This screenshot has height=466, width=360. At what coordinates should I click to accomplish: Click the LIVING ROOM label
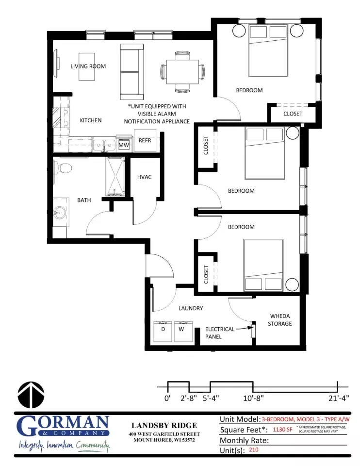click(88, 67)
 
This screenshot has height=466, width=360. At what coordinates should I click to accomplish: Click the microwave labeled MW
click(124, 145)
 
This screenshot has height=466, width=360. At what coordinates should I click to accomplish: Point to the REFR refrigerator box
click(145, 140)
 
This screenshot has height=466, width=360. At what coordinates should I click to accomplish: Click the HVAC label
click(144, 177)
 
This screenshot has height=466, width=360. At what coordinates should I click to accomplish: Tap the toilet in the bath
click(63, 168)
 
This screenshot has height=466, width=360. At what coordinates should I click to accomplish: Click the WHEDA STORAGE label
click(280, 320)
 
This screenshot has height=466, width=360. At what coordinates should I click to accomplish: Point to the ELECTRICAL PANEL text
click(220, 333)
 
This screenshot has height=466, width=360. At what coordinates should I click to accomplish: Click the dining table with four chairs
click(182, 72)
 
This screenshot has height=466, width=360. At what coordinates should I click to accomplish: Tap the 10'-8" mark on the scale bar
click(253, 398)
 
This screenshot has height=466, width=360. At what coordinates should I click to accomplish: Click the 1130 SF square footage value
click(282, 430)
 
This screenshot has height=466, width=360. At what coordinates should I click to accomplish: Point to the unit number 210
click(254, 450)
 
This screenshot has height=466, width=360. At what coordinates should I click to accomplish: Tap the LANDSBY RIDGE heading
click(164, 426)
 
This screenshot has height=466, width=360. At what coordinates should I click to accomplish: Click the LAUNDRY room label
click(190, 308)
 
